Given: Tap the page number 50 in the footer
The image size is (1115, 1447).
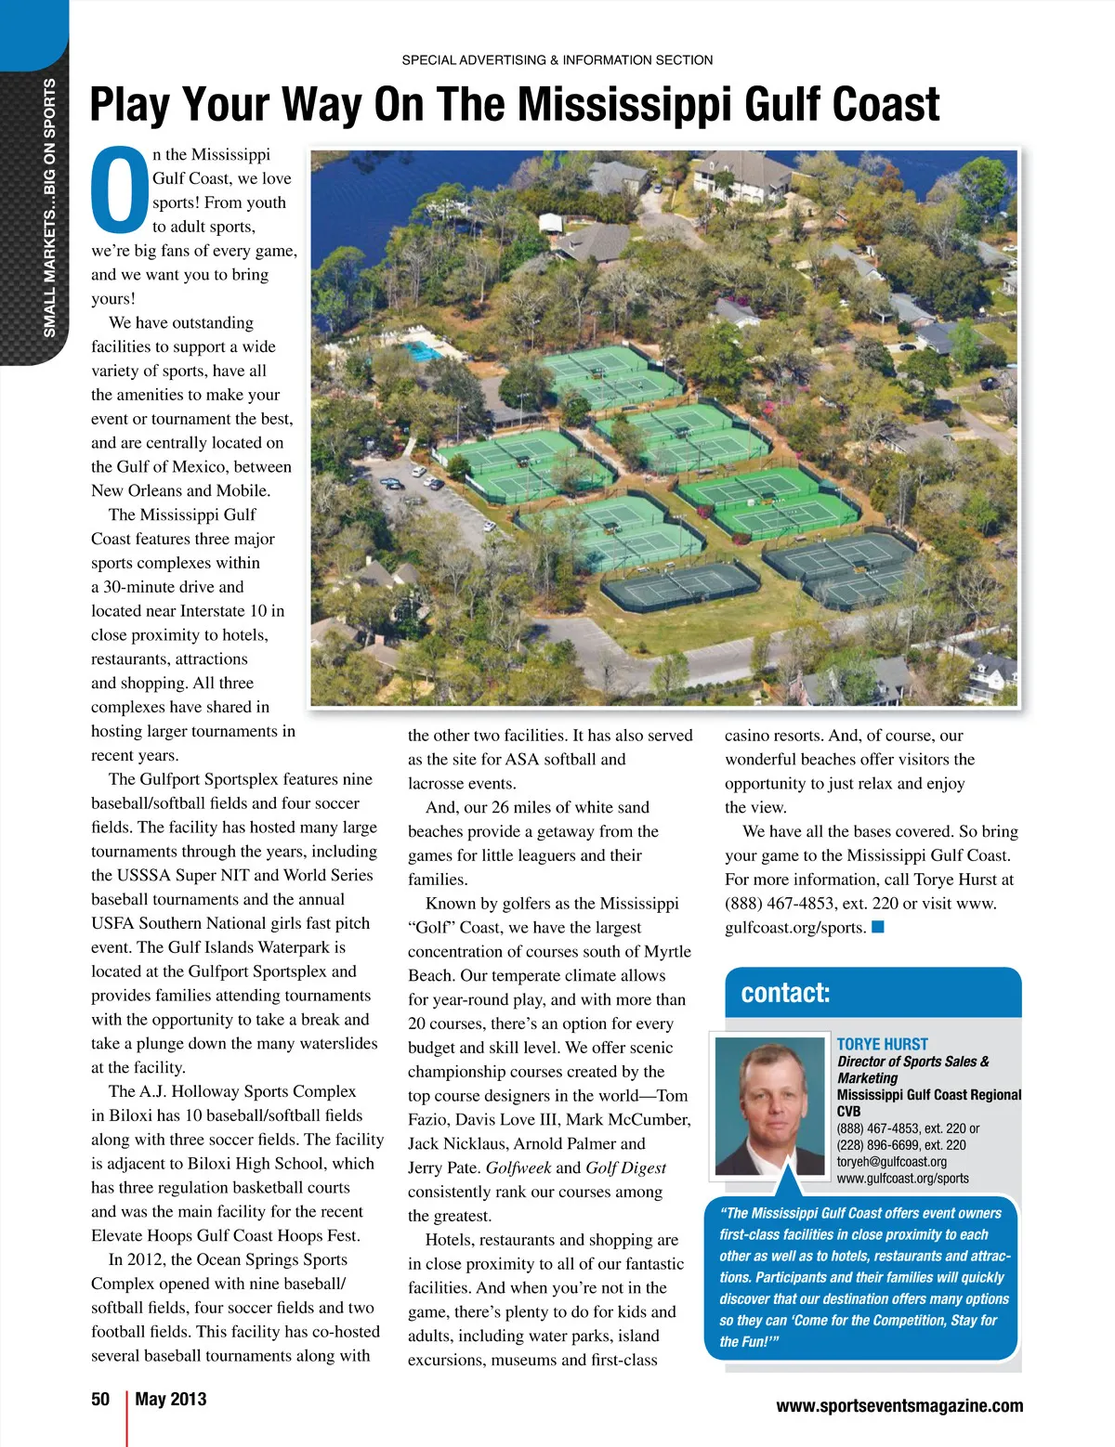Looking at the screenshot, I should tap(100, 1399).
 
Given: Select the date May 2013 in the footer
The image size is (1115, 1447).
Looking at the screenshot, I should tap(171, 1399).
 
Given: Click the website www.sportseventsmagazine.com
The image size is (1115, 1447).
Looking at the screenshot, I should tap(899, 1406).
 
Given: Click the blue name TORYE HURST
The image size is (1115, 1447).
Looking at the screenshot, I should tap(882, 1044).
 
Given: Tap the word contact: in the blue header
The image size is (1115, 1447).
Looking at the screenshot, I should tap(785, 993).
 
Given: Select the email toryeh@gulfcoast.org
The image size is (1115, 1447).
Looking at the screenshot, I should tap(891, 1161).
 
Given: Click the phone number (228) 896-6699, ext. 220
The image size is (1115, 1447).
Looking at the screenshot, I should tap(900, 1144).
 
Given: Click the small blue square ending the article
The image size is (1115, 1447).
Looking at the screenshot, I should tap(878, 926).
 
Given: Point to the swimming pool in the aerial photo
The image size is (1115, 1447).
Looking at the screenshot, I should tap(423, 351).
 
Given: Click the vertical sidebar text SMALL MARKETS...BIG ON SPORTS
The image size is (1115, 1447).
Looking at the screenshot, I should tap(50, 208).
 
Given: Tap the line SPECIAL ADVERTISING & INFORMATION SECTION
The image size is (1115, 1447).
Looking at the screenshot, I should tap(557, 60).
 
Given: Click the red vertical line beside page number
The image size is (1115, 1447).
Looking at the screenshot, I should tap(126, 1417).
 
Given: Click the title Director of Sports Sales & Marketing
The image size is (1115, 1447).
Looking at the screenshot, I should tap(912, 1069).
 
